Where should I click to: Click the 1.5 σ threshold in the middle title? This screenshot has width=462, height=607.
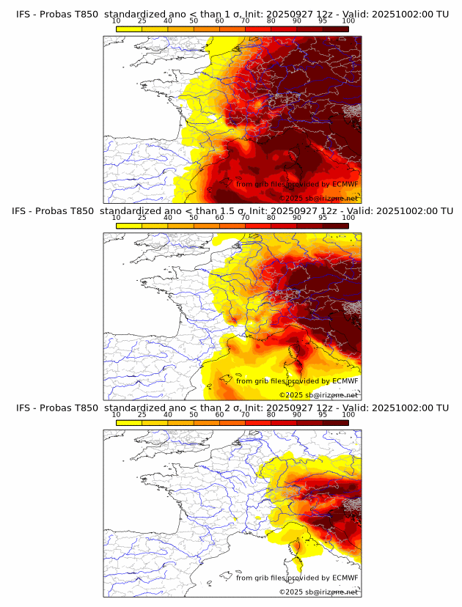[237, 211]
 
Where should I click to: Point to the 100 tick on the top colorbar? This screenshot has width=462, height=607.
[348, 21]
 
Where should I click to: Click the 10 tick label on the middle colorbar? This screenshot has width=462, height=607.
[116, 218]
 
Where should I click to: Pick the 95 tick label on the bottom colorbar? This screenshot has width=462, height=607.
[323, 414]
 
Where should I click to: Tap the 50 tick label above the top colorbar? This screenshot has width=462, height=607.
[194, 21]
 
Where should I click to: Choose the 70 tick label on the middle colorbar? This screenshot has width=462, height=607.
[245, 218]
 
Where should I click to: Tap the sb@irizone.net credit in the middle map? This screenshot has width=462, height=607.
[332, 395]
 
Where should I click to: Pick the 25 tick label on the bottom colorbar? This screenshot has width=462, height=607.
[142, 414]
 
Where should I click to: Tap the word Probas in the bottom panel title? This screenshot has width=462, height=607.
[57, 408]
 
